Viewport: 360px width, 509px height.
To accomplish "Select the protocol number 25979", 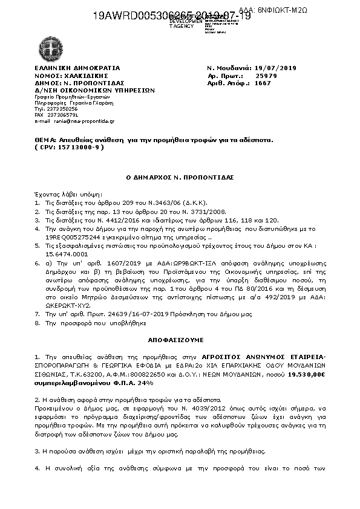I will (x=266, y=76).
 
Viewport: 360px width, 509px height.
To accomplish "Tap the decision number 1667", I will (x=263, y=83).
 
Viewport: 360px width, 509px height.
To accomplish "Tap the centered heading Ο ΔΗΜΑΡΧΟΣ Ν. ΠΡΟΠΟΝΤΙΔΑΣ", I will (x=179, y=178).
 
